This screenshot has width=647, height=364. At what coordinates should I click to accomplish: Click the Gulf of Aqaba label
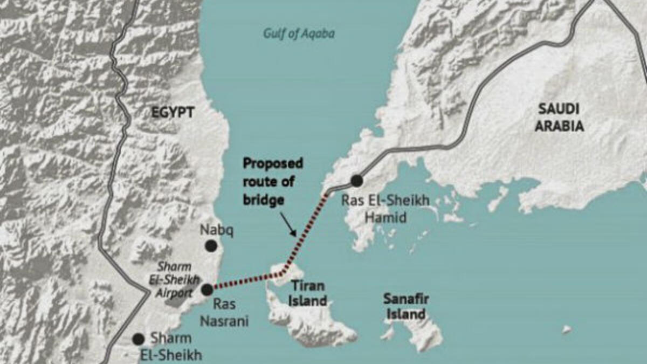pos(299,34)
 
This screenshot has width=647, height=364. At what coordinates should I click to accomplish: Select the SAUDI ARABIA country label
pos(561,118)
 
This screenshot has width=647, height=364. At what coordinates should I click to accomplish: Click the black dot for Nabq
pos(211,246)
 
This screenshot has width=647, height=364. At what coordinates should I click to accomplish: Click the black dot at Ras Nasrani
pos(207,290)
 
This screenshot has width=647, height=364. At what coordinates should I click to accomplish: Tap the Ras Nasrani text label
pos(224,312)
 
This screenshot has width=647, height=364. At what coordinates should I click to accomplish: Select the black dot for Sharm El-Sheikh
pos(139,339)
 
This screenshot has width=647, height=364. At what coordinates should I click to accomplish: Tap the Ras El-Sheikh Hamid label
pos(386,209)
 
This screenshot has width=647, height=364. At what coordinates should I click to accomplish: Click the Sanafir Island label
pos(404,306)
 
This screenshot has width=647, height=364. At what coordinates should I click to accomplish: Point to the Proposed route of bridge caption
pos(272,181)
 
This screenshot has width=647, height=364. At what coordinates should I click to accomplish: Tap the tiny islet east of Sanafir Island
pos(566,328)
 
